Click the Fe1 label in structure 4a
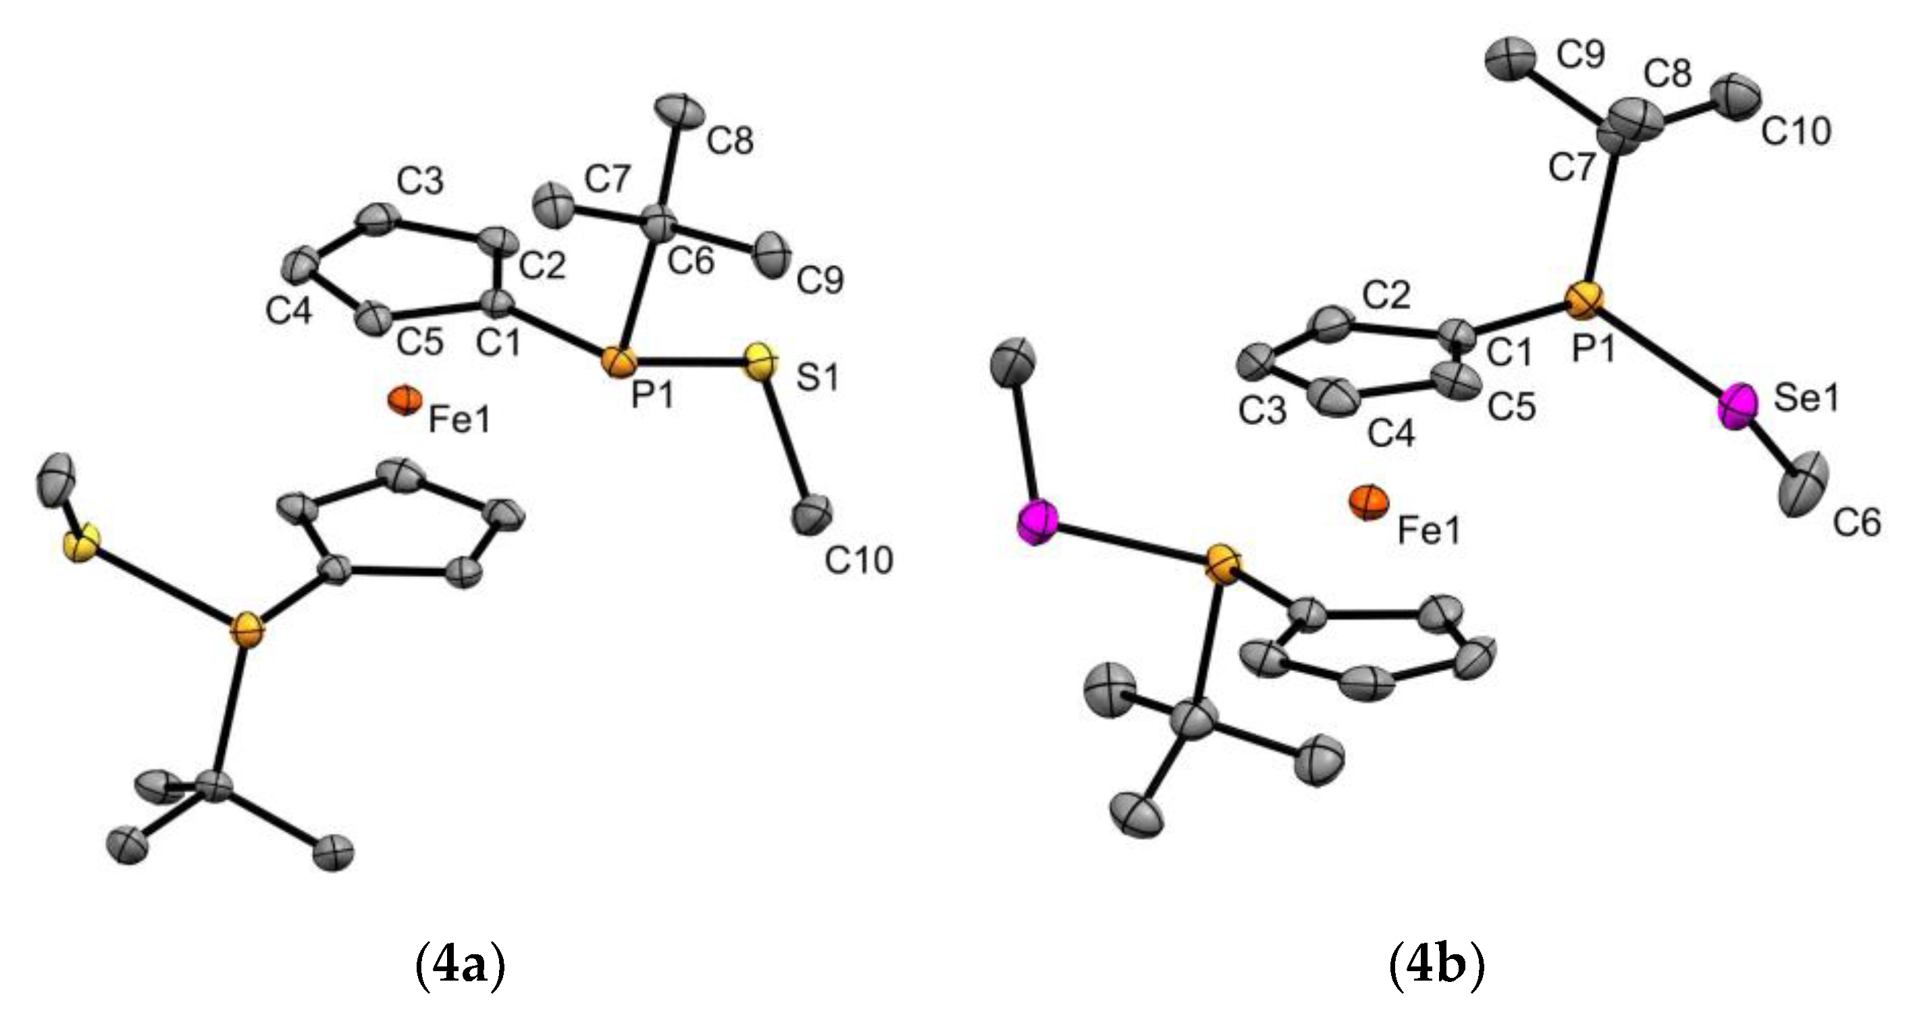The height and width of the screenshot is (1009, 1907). (x=460, y=421)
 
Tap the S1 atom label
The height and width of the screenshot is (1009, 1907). (x=818, y=378)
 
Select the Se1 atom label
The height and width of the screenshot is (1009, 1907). (x=1807, y=399)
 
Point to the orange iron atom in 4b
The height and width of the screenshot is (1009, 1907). (x=1368, y=502)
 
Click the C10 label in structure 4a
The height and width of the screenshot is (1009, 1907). (x=859, y=560)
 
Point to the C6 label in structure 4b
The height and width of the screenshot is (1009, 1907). (x=1856, y=523)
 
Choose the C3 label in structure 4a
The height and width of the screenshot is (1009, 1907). (x=420, y=180)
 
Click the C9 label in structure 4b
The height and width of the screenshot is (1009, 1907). (x=1581, y=54)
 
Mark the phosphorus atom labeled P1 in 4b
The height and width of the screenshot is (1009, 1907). (x=1585, y=300)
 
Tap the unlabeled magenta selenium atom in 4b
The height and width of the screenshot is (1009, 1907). (x=1037, y=522)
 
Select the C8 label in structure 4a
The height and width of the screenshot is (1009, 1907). (x=730, y=141)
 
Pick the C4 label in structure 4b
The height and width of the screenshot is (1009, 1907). (x=1391, y=433)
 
